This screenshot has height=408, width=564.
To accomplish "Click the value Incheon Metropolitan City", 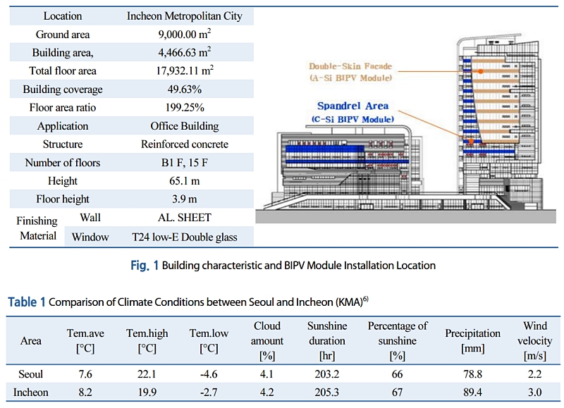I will point(184,16).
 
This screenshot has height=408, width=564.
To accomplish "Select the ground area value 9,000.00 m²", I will point(184,34).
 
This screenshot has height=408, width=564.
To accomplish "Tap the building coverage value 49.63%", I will point(184,89).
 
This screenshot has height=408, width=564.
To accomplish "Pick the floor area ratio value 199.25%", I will point(184,108).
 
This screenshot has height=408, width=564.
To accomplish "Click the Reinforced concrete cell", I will point(184,144).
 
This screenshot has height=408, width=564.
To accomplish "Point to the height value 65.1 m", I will point(184,181).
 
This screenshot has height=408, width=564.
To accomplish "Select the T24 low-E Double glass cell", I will point(184,237).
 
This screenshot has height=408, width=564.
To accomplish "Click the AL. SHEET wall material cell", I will point(184,218).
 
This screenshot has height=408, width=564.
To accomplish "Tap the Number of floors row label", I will point(62,163).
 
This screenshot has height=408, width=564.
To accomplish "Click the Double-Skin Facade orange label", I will point(350,66).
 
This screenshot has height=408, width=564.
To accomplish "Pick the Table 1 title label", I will point(26,302).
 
